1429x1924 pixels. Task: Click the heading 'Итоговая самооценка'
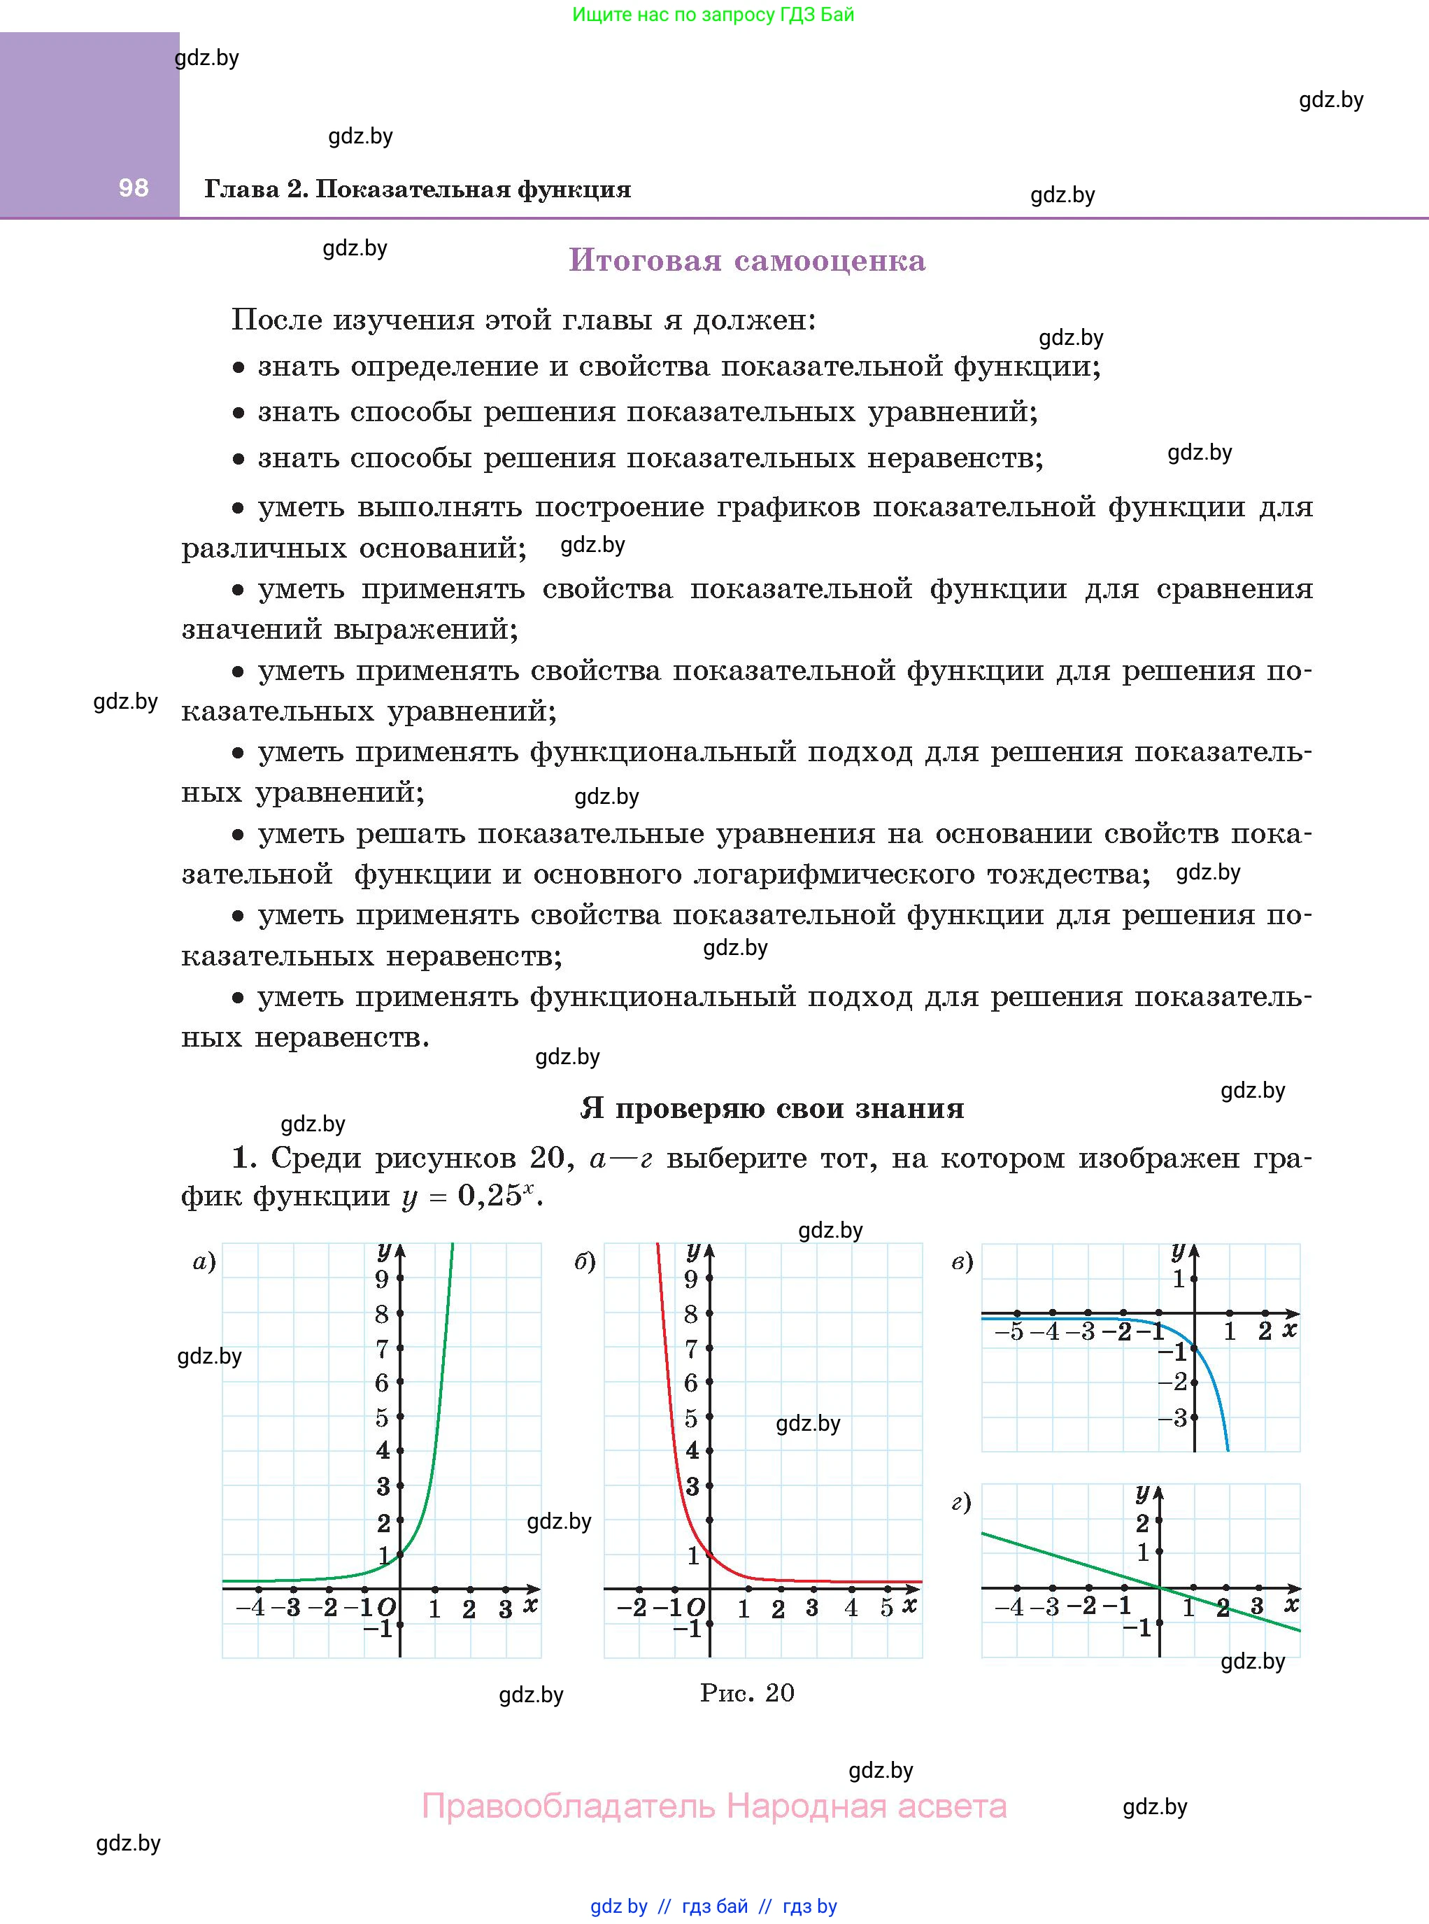click(746, 260)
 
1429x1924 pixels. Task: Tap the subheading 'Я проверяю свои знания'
click(772, 1108)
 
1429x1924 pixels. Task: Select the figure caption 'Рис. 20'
click(746, 1693)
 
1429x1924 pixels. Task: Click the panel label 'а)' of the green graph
click(204, 1262)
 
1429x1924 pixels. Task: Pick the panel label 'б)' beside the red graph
click(585, 1262)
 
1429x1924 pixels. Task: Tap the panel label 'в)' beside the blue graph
click(962, 1262)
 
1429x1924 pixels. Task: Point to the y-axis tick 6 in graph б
click(691, 1383)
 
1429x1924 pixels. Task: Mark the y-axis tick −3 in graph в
click(1174, 1418)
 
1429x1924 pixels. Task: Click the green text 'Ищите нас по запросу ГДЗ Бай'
click(713, 15)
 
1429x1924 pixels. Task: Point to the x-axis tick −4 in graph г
click(1009, 1607)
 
